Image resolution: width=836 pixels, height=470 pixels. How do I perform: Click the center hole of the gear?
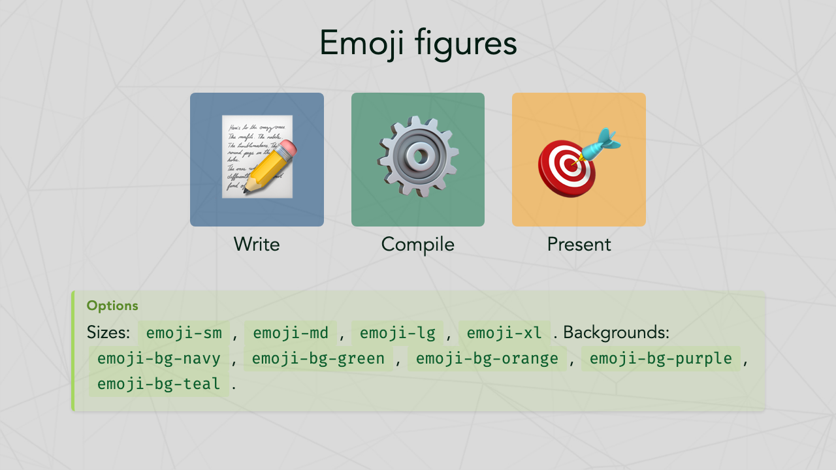pyautogui.click(x=417, y=157)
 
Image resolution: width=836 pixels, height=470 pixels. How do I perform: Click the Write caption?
pyautogui.click(x=257, y=244)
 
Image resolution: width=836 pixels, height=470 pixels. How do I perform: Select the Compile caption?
pyautogui.click(x=418, y=244)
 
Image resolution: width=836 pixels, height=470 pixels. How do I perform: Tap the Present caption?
pyautogui.click(x=579, y=244)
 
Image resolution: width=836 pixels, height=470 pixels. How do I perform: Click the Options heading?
pyautogui.click(x=112, y=305)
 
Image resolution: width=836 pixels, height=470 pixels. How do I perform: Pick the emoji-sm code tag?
pyautogui.click(x=184, y=333)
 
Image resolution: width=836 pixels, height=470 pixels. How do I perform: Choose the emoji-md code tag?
pyautogui.click(x=291, y=333)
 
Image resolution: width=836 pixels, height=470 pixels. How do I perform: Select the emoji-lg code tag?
pyautogui.click(x=397, y=333)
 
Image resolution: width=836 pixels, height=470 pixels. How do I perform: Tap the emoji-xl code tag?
pyautogui.click(x=504, y=333)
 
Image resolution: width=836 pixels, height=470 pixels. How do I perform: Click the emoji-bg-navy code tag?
pyautogui.click(x=159, y=358)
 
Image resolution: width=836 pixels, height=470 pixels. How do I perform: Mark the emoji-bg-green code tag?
pyautogui.click(x=318, y=358)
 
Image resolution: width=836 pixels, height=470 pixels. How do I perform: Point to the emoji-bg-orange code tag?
pyautogui.click(x=487, y=358)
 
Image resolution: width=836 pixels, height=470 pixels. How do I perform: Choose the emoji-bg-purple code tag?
pyautogui.click(x=660, y=358)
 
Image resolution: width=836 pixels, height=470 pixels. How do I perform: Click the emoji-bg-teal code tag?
pyautogui.click(x=159, y=384)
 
